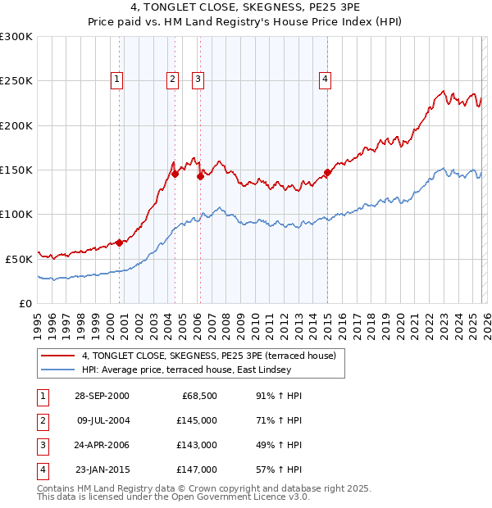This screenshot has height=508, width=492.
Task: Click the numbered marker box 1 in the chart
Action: (117, 79)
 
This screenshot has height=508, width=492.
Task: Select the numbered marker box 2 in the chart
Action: (172, 79)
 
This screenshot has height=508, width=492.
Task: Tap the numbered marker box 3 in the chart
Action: (198, 79)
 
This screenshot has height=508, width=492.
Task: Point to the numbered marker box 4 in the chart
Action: (326, 79)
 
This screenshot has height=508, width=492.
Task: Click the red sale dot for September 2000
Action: (120, 242)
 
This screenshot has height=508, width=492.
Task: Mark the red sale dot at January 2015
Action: (327, 172)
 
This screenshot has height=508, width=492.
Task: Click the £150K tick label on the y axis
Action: (16, 170)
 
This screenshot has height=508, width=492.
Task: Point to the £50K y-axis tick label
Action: (18, 259)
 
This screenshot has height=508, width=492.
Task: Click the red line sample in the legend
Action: (58, 356)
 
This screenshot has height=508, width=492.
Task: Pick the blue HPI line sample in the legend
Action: (58, 370)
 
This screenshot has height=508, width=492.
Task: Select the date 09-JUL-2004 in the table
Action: (102, 420)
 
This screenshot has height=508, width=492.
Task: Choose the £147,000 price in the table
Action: (197, 469)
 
